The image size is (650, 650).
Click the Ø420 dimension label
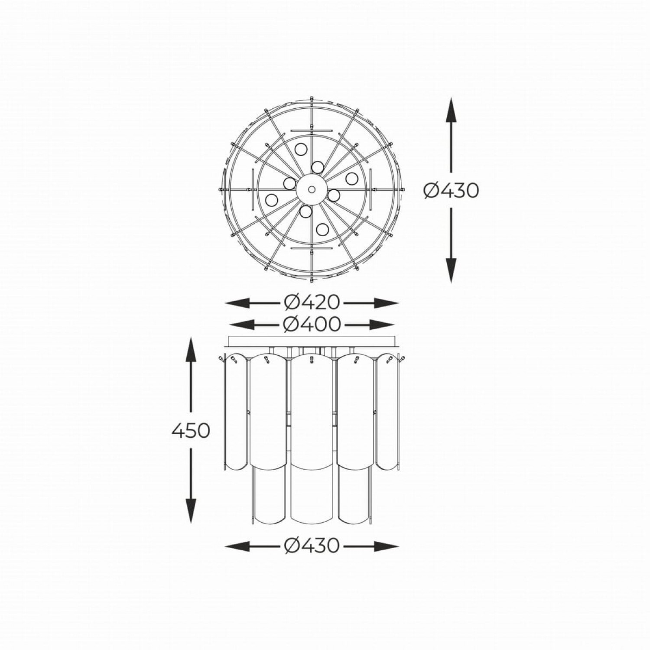click(x=312, y=302)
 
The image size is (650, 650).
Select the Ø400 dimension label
click(x=312, y=324)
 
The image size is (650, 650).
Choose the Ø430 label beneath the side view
click(x=312, y=546)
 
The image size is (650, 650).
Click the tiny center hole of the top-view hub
click(x=311, y=188)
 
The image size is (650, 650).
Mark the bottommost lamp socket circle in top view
click(x=322, y=228)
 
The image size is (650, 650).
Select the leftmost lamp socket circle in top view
click(x=272, y=200)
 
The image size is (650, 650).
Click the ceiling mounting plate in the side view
click(x=312, y=341)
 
